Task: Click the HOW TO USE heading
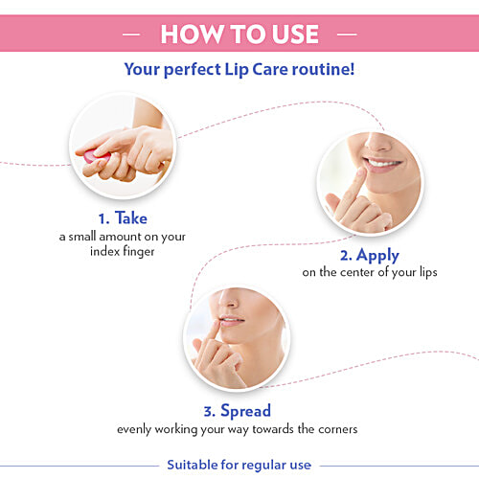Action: click(x=239, y=34)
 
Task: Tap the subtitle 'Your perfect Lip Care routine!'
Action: click(x=239, y=69)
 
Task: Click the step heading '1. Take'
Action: click(x=121, y=217)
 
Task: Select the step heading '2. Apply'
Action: click(x=370, y=256)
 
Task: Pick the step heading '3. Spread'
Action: click(x=236, y=411)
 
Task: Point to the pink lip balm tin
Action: click(x=92, y=154)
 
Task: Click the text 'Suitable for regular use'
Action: click(x=239, y=465)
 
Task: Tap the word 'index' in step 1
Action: click(x=102, y=251)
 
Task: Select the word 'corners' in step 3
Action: click(x=336, y=429)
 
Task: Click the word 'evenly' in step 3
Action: click(x=135, y=429)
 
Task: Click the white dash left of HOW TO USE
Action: click(x=134, y=34)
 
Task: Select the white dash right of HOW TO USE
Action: click(x=346, y=34)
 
